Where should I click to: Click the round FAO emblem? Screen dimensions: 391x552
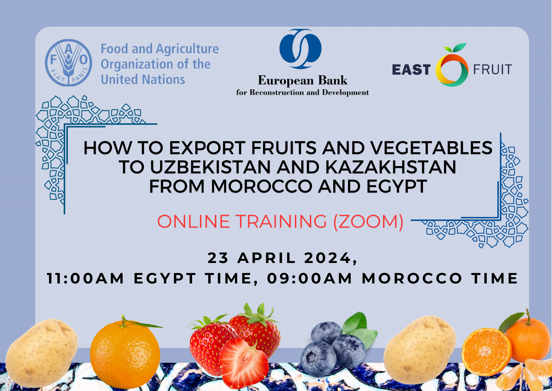[x=69, y=63]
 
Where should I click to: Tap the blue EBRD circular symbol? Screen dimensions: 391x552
[x=300, y=49]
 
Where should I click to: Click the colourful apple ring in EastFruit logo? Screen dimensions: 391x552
[x=452, y=70]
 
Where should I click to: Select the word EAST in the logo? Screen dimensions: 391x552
[x=411, y=70]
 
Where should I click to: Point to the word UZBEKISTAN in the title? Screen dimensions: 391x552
[x=210, y=167]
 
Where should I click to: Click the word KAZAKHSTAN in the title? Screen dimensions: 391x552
[x=391, y=167]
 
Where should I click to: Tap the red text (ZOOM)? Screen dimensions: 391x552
[x=369, y=221]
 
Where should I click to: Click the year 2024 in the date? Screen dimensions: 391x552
[x=327, y=258]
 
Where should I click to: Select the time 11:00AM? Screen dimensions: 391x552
[x=86, y=278]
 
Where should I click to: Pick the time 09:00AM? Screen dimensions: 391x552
[x=309, y=278]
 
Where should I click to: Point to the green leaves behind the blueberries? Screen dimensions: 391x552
[x=360, y=328]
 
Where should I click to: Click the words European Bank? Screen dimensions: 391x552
[x=303, y=80]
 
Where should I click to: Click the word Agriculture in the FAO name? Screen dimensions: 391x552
[x=187, y=49]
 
